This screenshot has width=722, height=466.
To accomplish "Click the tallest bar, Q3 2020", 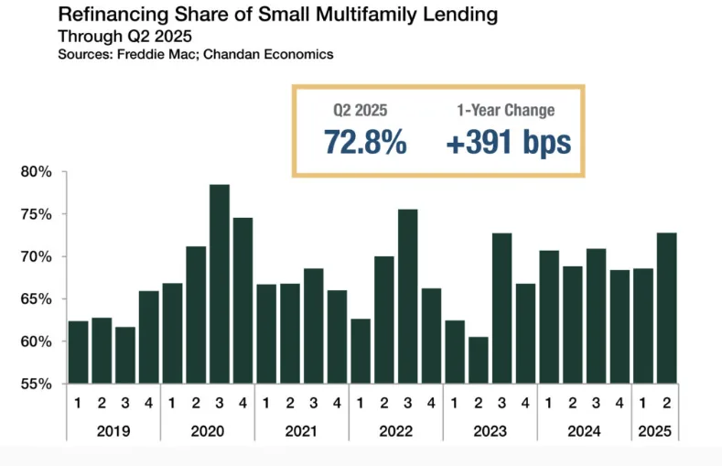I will tap(220, 284).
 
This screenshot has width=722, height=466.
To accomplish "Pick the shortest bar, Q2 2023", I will tap(479, 360).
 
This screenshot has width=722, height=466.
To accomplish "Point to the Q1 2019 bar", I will tap(79, 352).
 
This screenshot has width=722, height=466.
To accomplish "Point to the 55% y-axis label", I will tap(38, 384).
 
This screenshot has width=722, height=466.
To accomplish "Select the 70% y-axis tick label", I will tap(38, 257).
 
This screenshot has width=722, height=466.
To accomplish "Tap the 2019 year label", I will tap(113, 429).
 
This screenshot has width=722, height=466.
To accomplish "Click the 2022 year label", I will tap(396, 429).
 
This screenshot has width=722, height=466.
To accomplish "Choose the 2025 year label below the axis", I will tap(655, 429).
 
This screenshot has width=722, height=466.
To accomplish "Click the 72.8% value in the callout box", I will tap(365, 143).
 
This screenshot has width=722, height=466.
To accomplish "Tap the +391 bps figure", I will tap(508, 143).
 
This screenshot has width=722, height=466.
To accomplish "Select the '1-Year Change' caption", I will tap(505, 111).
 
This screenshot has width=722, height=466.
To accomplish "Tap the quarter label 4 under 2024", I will tap(620, 402).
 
